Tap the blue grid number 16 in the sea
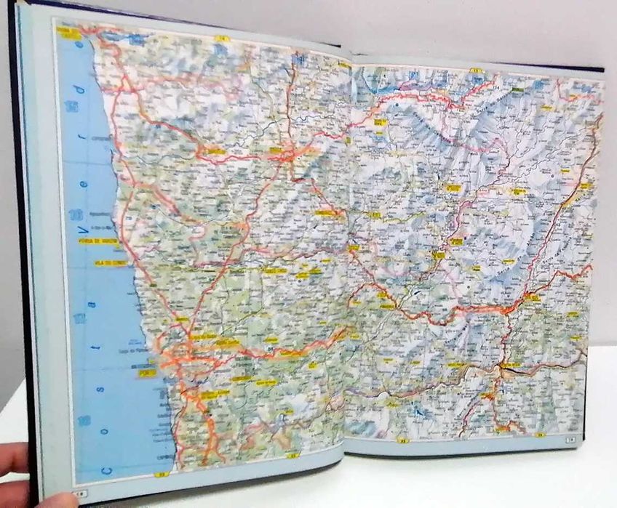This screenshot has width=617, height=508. coord(74,214)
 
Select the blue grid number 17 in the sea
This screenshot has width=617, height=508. coord(79,318)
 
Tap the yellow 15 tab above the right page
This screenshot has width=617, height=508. coord(477,70)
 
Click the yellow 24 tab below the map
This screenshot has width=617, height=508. coord(402,440)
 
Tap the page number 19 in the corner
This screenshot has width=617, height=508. coord(570,438)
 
